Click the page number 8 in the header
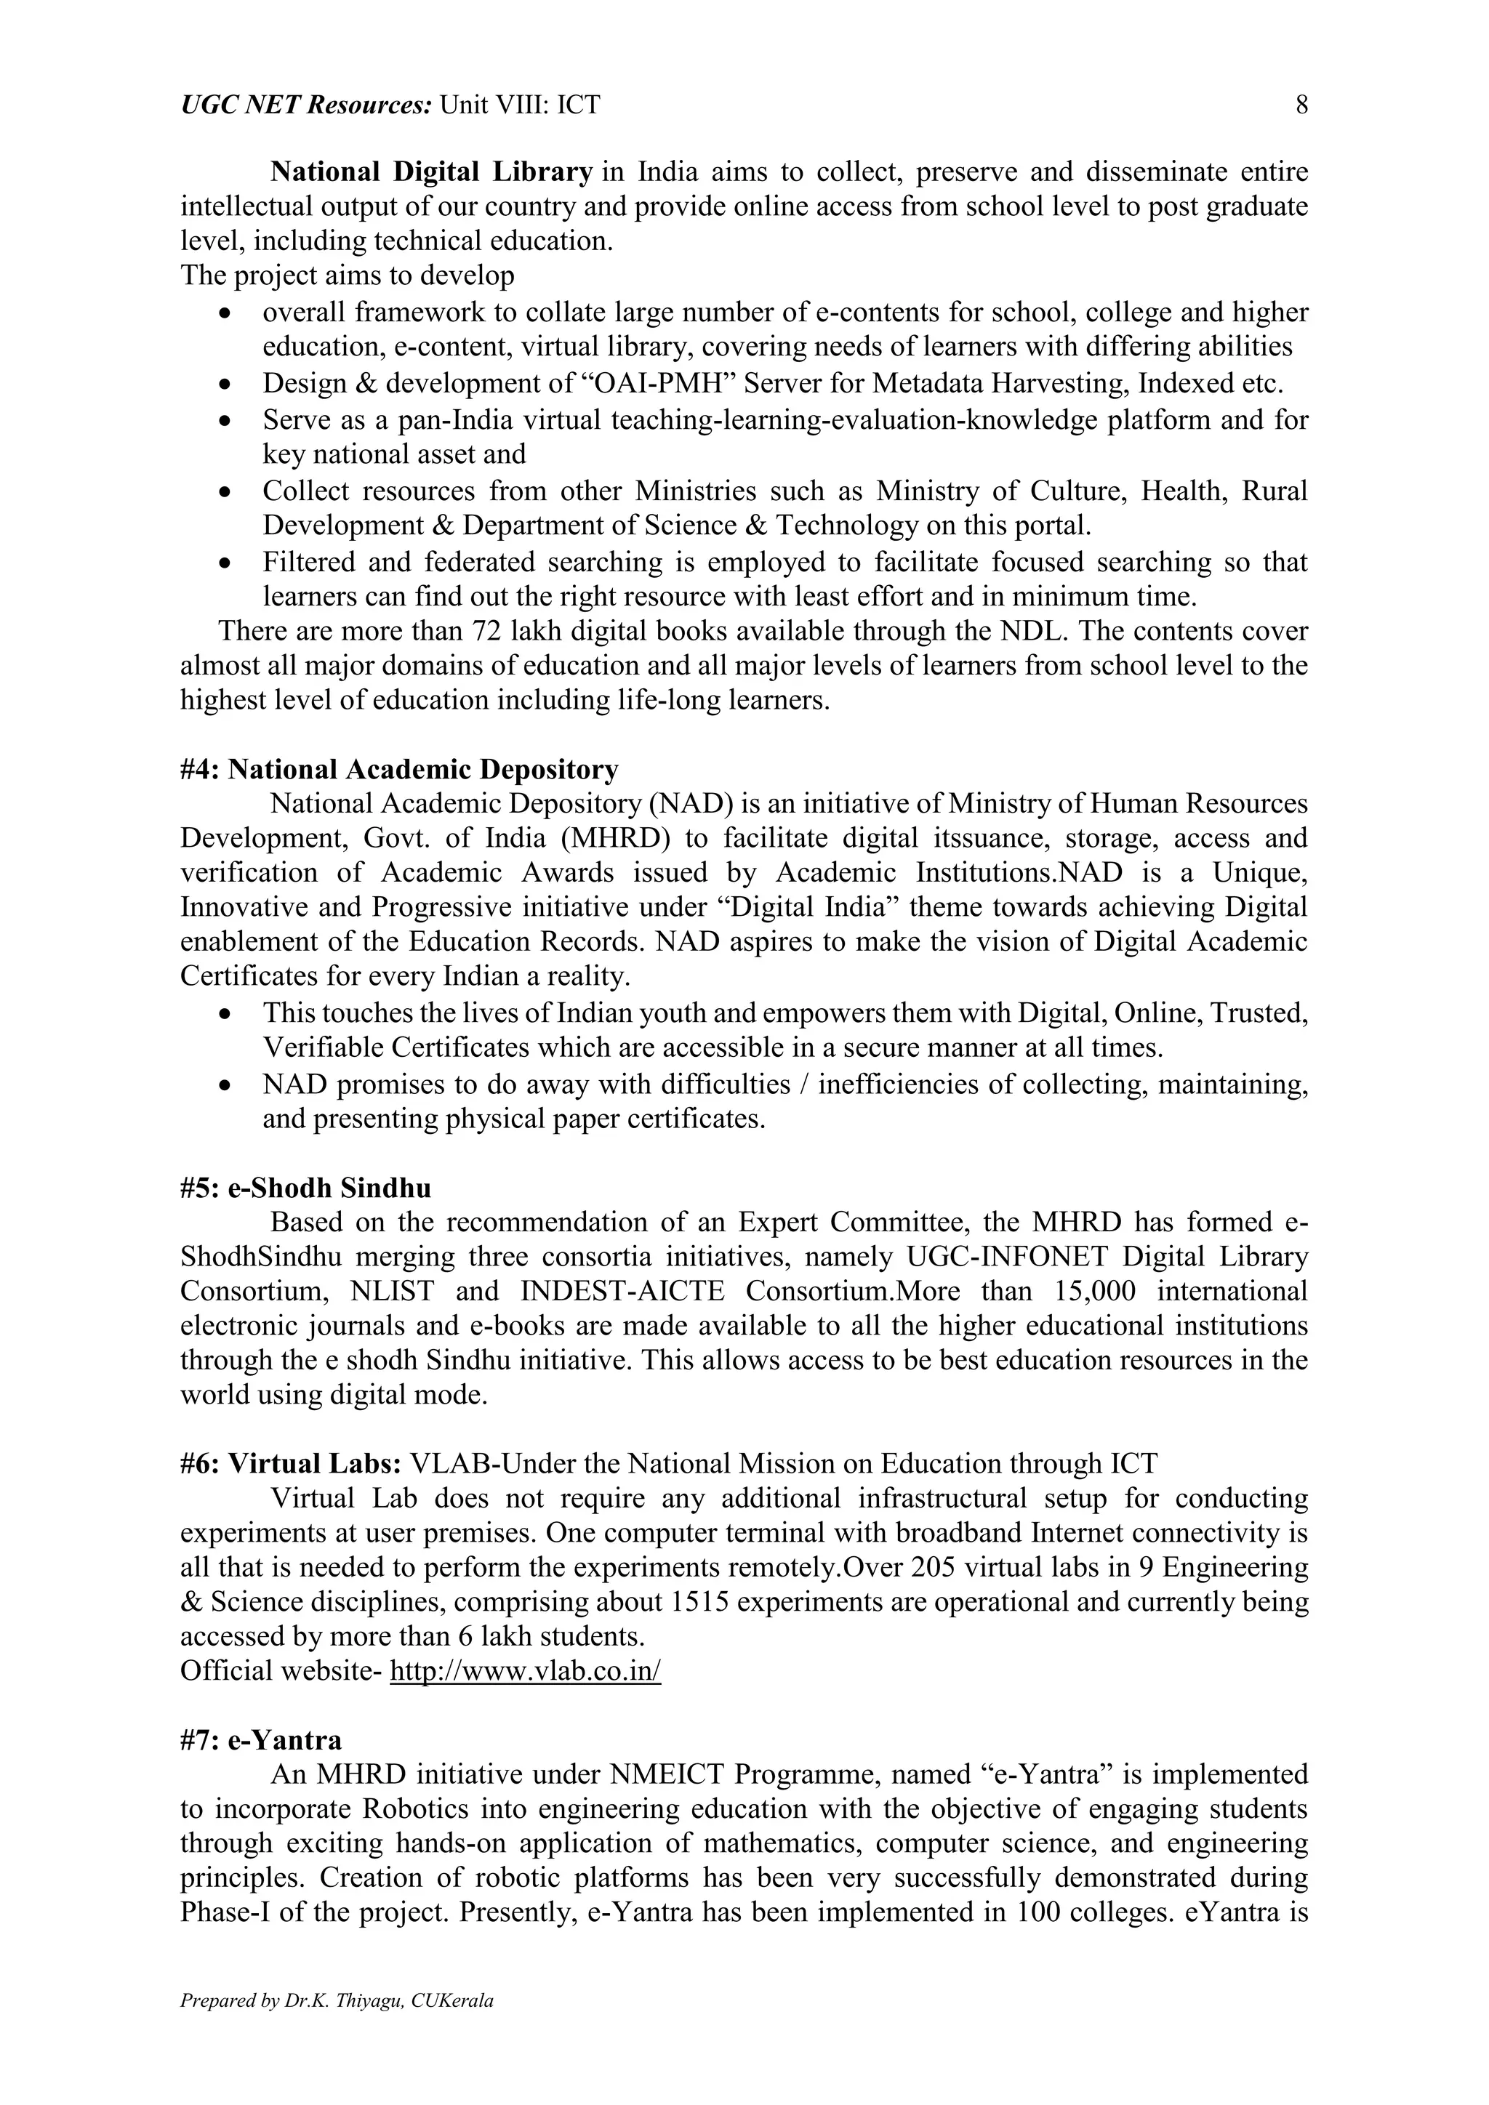coord(1301,105)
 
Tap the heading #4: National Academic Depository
coord(399,769)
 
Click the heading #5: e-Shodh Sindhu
coord(305,1188)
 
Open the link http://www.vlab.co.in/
coord(526,1670)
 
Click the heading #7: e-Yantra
coord(261,1740)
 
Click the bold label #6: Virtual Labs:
coord(291,1463)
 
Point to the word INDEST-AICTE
coord(622,1292)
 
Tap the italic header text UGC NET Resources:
coord(305,105)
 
